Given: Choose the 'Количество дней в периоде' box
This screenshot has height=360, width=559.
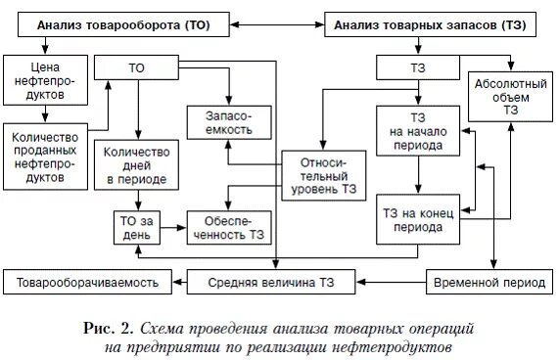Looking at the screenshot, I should pos(137,165).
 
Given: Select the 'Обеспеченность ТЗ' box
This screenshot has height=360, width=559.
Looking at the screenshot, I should pos(229,226).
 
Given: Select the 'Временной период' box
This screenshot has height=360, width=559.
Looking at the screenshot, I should pos(487,284).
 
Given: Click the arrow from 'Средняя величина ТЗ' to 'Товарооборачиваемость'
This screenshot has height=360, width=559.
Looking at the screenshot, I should pos(177,284).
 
